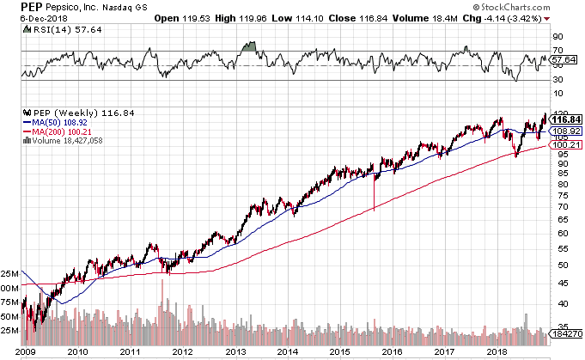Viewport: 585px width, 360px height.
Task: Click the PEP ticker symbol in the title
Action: pyautogui.click(x=31, y=7)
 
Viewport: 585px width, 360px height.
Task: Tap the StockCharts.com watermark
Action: pyautogui.click(x=511, y=7)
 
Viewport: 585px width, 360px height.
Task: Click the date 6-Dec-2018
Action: pyautogui.click(x=44, y=18)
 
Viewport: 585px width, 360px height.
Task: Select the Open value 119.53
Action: pyautogui.click(x=196, y=18)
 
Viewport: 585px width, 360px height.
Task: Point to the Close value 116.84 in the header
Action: pyautogui.click(x=374, y=18)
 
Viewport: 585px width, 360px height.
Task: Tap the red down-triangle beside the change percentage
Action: pyautogui.click(x=546, y=19)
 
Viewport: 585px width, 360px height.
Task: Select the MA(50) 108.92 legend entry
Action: pyautogui.click(x=55, y=122)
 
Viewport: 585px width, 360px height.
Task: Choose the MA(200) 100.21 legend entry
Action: pyautogui.click(x=57, y=131)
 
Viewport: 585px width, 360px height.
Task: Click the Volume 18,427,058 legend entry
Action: pyautogui.click(x=63, y=141)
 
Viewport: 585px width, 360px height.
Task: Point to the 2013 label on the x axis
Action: pyautogui.click(x=235, y=351)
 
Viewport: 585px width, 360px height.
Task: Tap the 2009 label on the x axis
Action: pyautogui.click(x=26, y=351)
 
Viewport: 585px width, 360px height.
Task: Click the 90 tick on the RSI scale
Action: pyautogui.click(x=558, y=37)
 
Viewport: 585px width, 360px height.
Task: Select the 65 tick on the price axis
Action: pyautogui.click(x=558, y=219)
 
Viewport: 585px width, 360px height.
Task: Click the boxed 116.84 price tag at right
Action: pyautogui.click(x=566, y=119)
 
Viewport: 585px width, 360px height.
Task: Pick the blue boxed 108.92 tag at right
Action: pyautogui.click(x=566, y=131)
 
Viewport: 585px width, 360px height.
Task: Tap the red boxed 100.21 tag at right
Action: pyautogui.click(x=566, y=145)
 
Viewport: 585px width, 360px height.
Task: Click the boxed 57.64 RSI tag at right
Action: pyautogui.click(x=564, y=59)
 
